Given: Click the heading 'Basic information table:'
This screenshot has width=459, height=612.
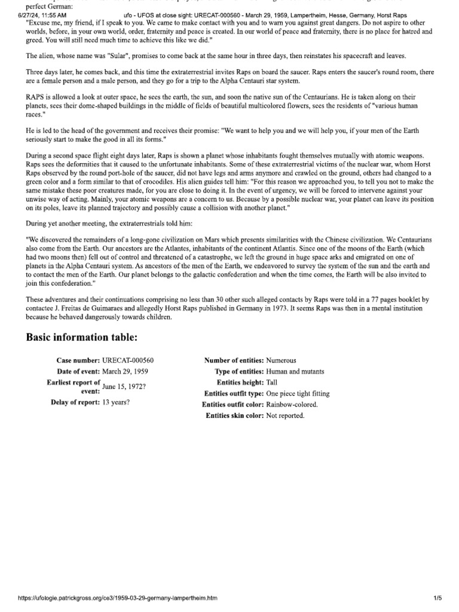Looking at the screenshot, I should tap(82, 338).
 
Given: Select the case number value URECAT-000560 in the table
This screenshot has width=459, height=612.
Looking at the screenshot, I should tap(128, 360).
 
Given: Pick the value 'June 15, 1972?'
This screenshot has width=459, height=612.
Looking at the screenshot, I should tap(124, 386).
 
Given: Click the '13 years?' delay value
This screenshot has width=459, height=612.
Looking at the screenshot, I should tap(116, 402).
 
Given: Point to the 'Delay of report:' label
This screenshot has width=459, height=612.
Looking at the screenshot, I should tap(75, 402).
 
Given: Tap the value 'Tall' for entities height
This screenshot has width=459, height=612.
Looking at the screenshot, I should tap(272, 382).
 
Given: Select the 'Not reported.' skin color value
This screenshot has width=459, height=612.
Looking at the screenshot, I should tap(285, 415).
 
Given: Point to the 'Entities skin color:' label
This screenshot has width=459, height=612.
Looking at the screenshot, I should tap(235, 415).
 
